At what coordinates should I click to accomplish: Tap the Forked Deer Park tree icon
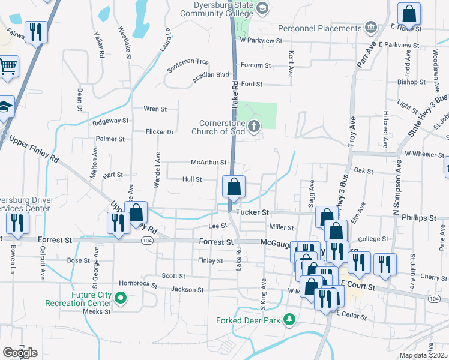(x=290, y=319)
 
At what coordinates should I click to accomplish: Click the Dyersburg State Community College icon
(x=262, y=8)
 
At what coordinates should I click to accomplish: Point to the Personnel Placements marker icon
(x=370, y=28)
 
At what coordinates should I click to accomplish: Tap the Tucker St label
(x=252, y=212)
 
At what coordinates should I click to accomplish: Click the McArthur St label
(x=208, y=162)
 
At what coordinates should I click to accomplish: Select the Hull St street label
(x=192, y=179)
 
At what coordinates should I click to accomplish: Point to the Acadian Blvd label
(x=211, y=74)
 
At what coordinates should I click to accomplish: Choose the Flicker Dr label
(x=160, y=131)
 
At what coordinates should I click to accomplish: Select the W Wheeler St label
(x=424, y=154)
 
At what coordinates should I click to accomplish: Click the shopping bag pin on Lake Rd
(x=234, y=187)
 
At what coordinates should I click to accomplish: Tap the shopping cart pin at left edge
(x=8, y=67)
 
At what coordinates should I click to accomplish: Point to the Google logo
(x=20, y=353)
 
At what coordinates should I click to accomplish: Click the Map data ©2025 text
(x=424, y=355)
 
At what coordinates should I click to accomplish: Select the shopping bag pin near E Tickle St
(x=409, y=14)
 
